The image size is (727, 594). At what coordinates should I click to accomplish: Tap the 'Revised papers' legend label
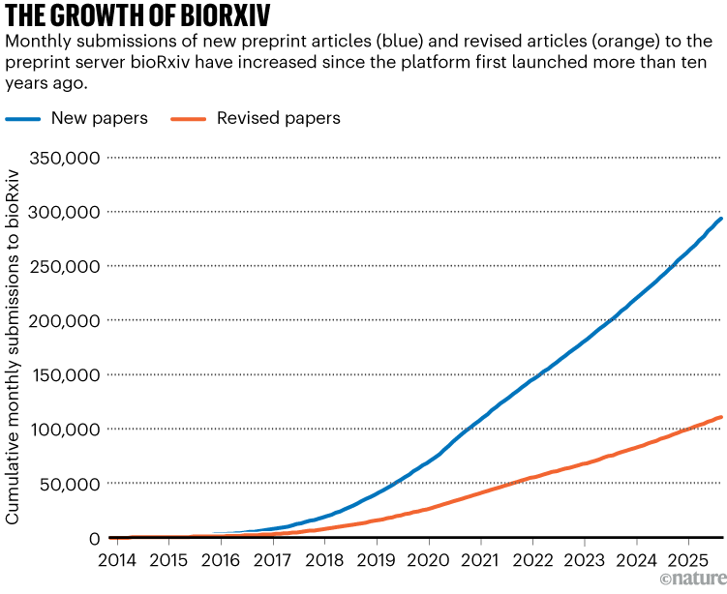pyautogui.click(x=278, y=118)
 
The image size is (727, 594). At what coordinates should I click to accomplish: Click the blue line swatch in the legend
pyautogui.click(x=36, y=119)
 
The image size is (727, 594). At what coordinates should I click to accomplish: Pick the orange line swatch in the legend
pyautogui.click(x=201, y=119)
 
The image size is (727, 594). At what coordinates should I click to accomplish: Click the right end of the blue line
pyautogui.click(x=721, y=219)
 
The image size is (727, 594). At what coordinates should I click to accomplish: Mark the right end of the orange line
pyautogui.click(x=721, y=417)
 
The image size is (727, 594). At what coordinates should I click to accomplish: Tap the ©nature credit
pyautogui.click(x=691, y=581)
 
